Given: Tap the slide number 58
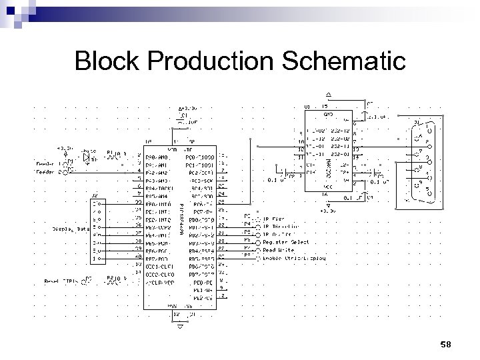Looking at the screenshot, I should pyautogui.click(x=446, y=344).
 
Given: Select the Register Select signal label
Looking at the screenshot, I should pyautogui.click(x=286, y=242).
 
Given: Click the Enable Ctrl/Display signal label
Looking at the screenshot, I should pyautogui.click(x=294, y=257).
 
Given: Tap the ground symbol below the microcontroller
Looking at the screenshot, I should pyautogui.click(x=179, y=327).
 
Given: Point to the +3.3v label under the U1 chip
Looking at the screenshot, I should pyautogui.click(x=327, y=210).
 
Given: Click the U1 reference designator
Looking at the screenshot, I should pyautogui.click(x=307, y=106).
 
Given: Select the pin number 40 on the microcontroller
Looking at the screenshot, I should pyautogui.click(x=138, y=256).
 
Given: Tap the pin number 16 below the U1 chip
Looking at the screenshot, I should pyautogui.click(x=325, y=195).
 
